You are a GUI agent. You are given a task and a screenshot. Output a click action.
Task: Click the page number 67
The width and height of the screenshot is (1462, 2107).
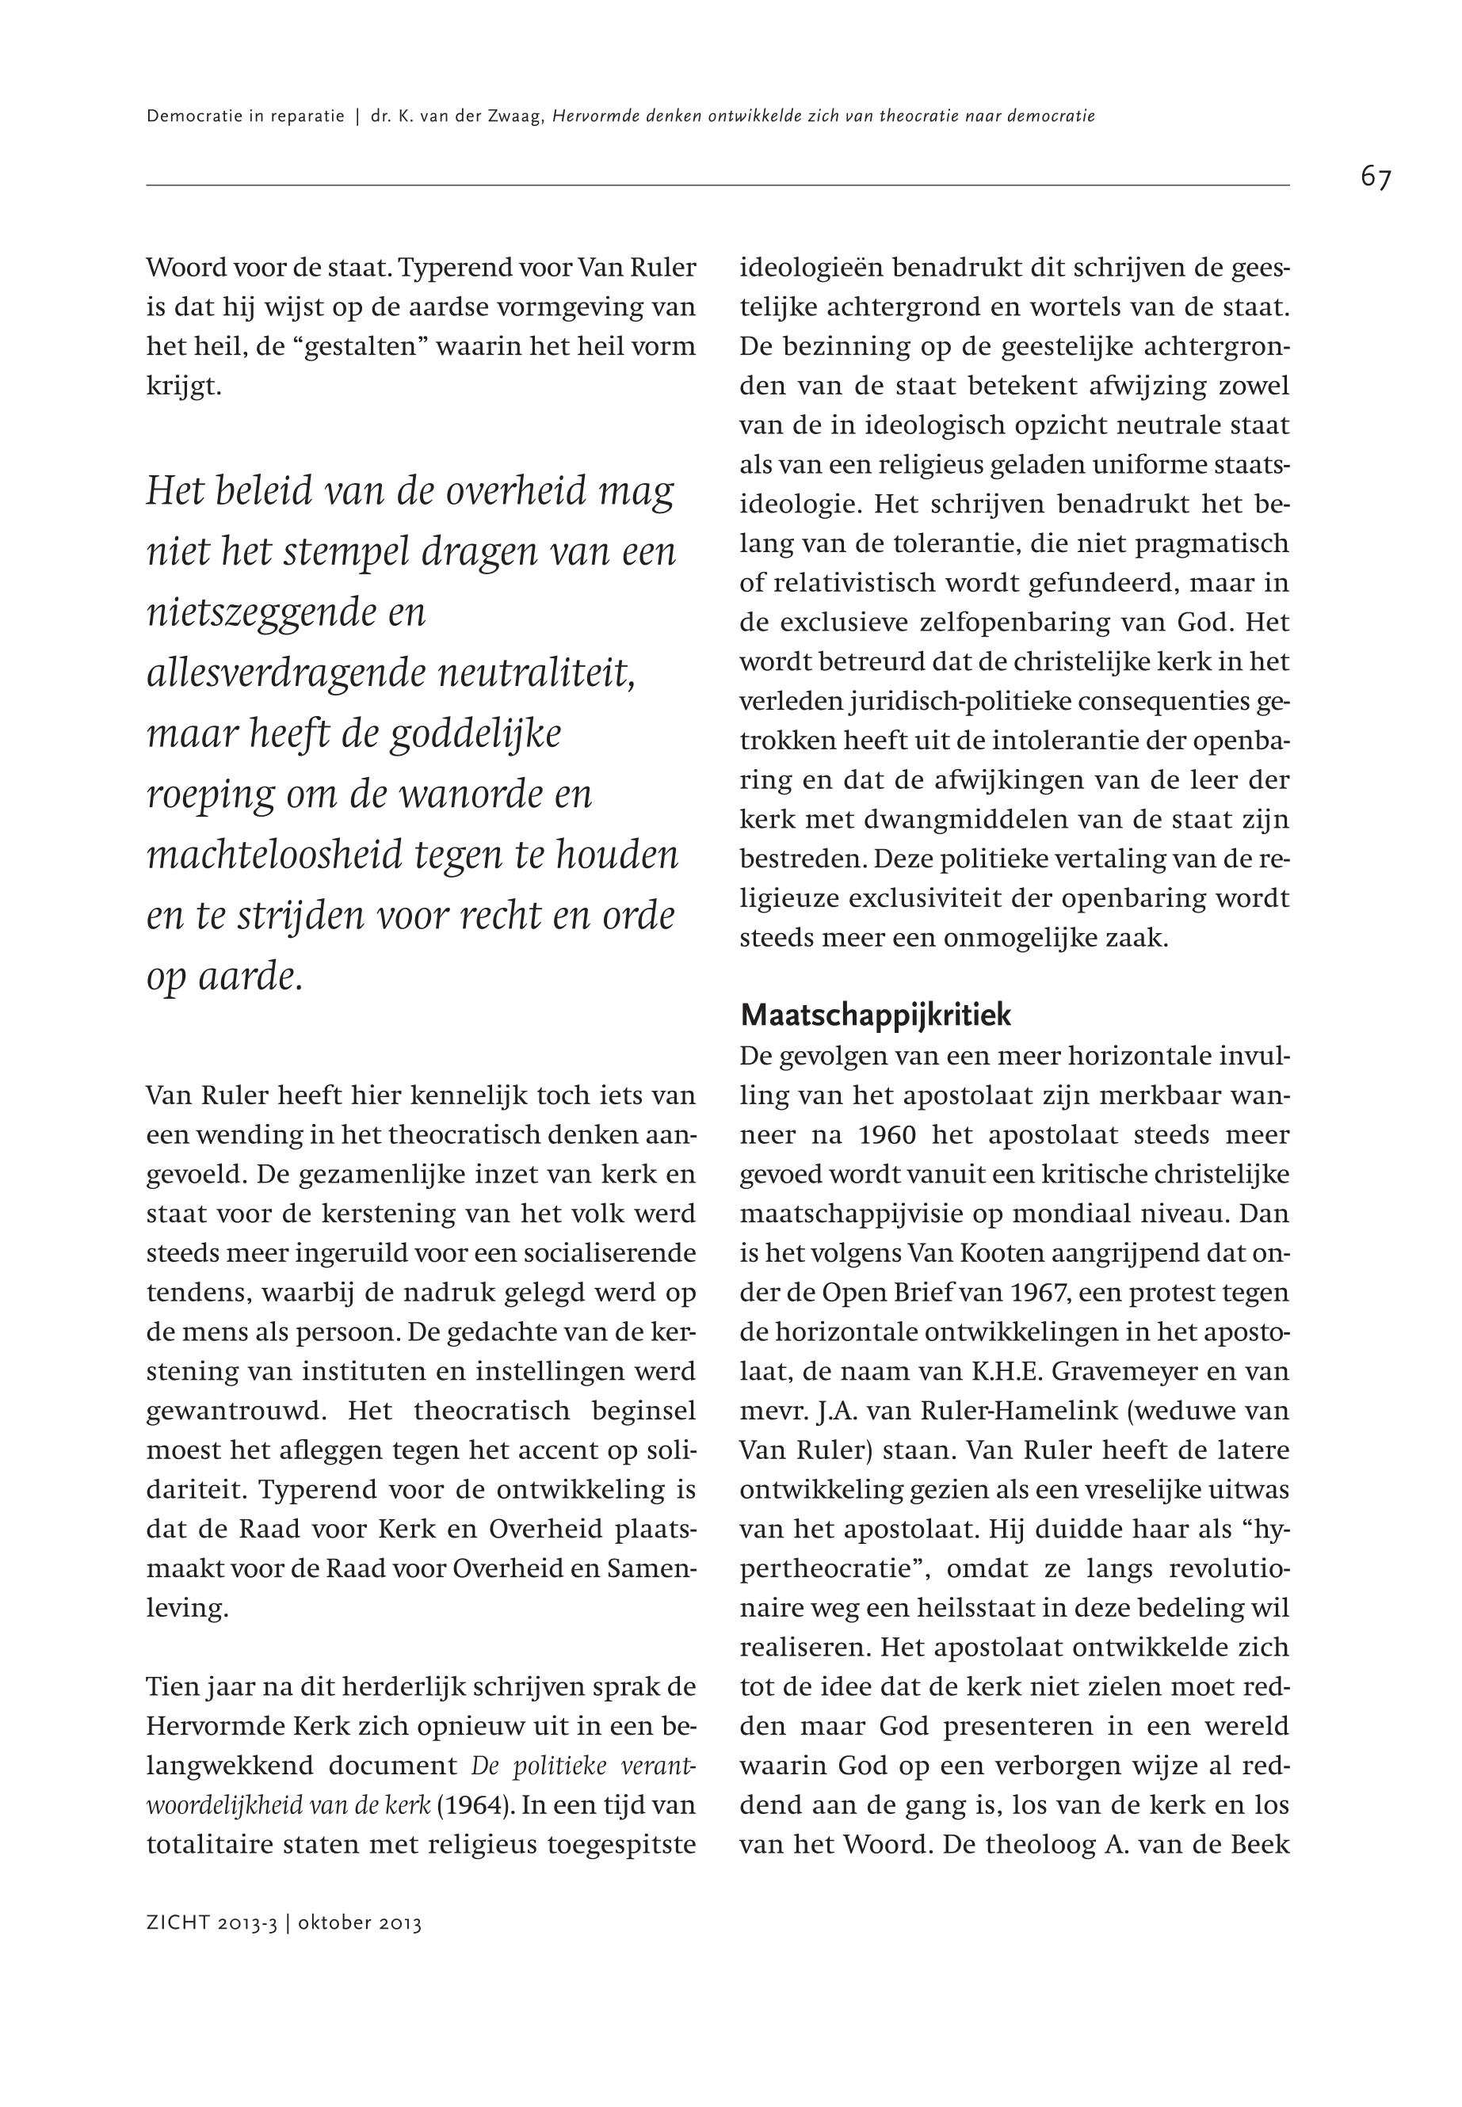(x=1375, y=177)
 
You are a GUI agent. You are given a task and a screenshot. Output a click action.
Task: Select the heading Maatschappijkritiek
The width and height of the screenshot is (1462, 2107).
(x=876, y=1015)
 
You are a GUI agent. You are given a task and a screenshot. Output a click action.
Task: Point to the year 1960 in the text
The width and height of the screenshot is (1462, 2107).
(x=888, y=1135)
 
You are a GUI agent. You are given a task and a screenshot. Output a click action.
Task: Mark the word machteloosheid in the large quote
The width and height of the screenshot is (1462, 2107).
(x=274, y=855)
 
